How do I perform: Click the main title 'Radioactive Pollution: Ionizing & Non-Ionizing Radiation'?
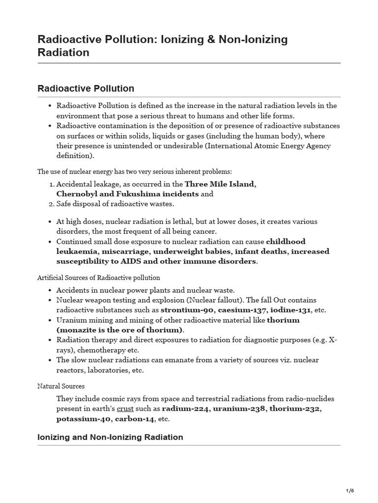(x=162, y=46)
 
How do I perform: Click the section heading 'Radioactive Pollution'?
(x=86, y=89)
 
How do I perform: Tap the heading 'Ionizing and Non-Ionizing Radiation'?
(x=110, y=437)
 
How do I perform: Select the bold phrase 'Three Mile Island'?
(x=220, y=184)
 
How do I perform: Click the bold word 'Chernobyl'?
(x=78, y=194)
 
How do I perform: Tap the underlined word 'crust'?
(x=125, y=409)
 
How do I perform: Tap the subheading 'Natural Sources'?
(x=61, y=387)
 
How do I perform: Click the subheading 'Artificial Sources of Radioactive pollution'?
(x=98, y=278)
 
